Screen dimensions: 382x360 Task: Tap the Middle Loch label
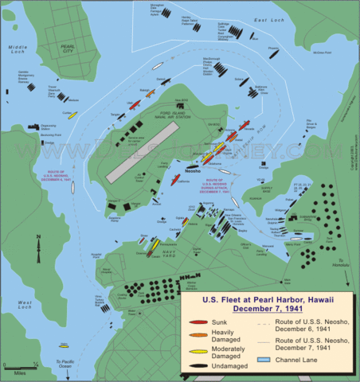tap(18, 49)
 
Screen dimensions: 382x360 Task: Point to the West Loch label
tap(25, 306)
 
